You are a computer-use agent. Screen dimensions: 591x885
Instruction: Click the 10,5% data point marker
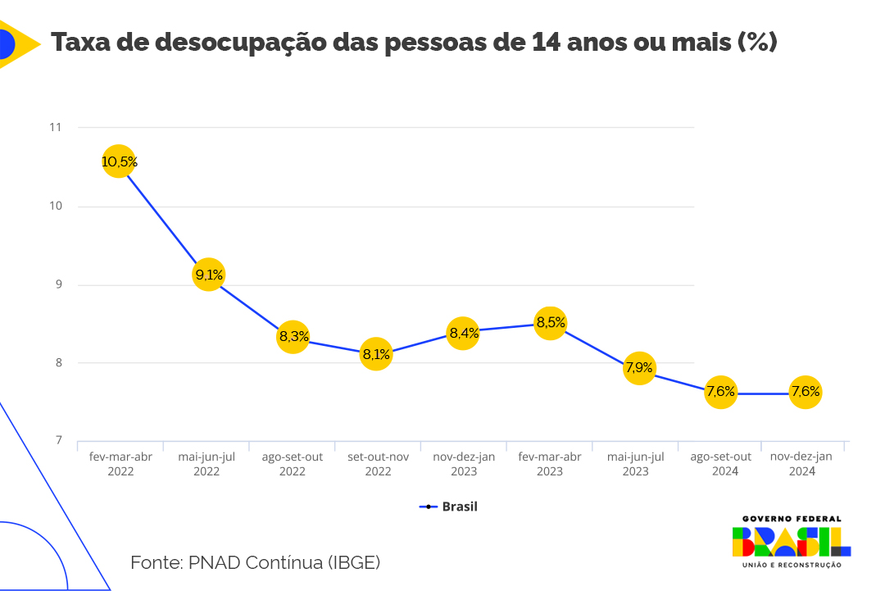pos(119,161)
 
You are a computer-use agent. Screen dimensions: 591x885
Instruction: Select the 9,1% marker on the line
pos(208,275)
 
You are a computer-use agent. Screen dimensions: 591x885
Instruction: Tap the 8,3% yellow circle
pos(293,336)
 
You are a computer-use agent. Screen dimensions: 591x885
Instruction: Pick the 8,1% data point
pos(377,354)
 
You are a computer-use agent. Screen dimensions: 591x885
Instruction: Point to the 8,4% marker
pos(463,332)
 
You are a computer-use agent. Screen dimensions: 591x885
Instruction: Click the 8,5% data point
pos(550,323)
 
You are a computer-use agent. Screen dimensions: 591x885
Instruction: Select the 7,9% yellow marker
pos(639,368)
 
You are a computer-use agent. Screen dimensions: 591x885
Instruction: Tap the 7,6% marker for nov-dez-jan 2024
pos(806,392)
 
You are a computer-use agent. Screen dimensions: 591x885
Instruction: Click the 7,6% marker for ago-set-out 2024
pos(721,392)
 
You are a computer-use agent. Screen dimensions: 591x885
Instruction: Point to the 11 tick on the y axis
pos(56,127)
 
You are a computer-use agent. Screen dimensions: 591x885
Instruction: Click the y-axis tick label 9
pos(58,284)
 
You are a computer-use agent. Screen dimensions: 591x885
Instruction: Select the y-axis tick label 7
pos(58,441)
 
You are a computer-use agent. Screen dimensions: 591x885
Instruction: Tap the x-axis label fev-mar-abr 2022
pos(120,464)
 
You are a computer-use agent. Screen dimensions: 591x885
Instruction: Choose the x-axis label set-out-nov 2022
pos(378,464)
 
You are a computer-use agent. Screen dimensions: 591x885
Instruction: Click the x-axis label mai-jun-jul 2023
pos(635,464)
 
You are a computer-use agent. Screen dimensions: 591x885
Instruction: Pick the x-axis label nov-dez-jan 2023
pos(464,464)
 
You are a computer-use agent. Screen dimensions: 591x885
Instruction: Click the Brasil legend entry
pos(449,507)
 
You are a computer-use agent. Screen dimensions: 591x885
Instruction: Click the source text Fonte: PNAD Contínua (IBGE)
pos(255,562)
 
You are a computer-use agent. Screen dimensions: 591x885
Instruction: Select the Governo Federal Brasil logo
pos(791,542)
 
